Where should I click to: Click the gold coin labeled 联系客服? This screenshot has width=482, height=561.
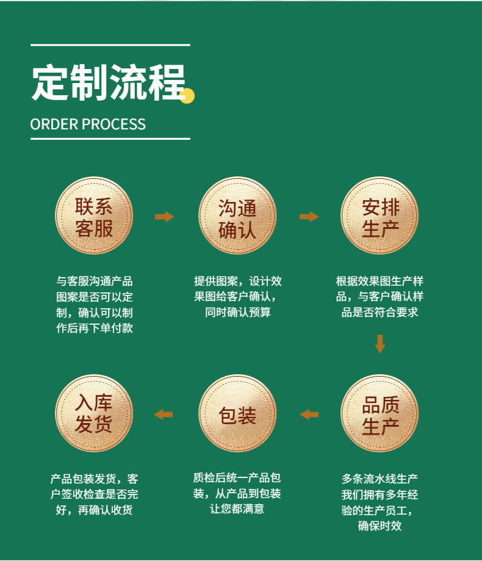coord(94,216)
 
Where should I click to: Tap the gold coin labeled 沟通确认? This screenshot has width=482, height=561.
coord(237,216)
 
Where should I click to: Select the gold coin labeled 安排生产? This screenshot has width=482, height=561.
coord(379,216)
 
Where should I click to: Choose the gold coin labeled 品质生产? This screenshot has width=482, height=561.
coord(379,414)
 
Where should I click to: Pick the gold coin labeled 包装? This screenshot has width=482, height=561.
coord(237,414)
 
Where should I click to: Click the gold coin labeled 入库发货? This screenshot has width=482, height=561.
coord(94,414)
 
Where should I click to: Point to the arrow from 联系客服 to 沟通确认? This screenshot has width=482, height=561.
coord(164,217)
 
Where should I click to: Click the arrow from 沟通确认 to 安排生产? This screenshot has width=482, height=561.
coord(309,217)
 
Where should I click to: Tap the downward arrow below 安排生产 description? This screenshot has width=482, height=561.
coord(380,343)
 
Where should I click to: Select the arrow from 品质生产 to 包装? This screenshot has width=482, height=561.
coord(309,414)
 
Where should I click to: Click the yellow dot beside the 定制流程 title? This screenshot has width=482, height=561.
coord(187,96)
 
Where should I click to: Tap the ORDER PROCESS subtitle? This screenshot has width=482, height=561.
coord(88,125)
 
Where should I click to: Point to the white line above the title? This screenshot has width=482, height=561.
coord(110,45)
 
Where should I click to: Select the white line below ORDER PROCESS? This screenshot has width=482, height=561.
coord(110,139)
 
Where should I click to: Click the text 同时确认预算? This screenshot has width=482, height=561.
coord(238,313)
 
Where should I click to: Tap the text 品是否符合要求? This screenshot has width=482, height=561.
coord(379,313)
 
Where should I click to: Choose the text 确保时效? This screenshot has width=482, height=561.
coord(379,526)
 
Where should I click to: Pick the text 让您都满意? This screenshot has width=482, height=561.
coord(237,509)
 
